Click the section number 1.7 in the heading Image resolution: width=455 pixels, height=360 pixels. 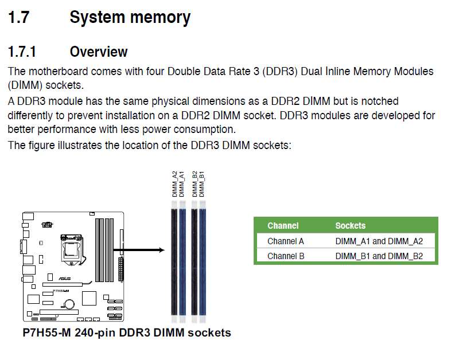click(19, 17)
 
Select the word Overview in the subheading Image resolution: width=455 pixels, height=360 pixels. click(99, 52)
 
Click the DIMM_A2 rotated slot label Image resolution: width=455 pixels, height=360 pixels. click(174, 184)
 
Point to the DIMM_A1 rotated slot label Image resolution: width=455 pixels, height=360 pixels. click(182, 184)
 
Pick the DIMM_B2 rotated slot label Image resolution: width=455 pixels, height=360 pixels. click(195, 184)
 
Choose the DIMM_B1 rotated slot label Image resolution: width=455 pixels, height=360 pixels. click(201, 184)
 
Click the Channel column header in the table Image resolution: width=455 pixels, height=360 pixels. click(283, 225)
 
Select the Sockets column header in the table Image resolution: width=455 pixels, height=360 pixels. click(350, 225)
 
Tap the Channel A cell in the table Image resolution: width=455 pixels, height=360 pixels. click(286, 241)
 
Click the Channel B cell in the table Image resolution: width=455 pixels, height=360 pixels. click(286, 256)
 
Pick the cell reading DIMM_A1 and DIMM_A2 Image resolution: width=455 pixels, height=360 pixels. click(379, 241)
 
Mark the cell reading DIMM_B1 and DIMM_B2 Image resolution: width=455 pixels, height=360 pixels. click(379, 256)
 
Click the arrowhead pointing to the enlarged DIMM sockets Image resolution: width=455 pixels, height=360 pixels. click(162, 250)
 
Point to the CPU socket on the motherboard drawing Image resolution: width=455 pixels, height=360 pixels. click(72, 249)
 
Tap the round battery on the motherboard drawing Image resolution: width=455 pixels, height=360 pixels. click(69, 304)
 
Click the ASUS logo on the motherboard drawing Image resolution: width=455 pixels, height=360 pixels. click(64, 279)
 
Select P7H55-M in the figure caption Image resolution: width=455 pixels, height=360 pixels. click(46, 332)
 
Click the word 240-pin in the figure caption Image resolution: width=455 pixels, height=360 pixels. click(95, 333)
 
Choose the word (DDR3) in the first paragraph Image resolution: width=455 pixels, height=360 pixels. click(280, 72)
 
